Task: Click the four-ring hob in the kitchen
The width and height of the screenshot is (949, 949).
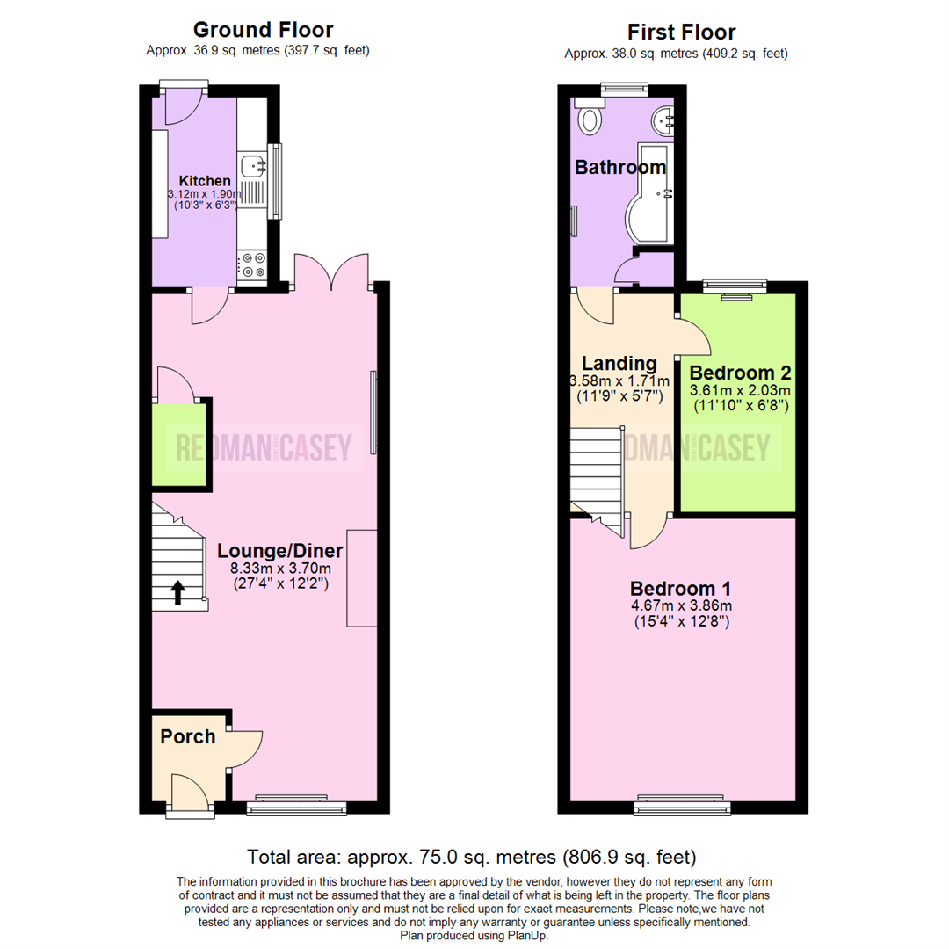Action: [254, 264]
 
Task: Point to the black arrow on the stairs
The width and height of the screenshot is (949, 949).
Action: [177, 593]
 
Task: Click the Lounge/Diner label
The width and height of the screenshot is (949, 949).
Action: [279, 551]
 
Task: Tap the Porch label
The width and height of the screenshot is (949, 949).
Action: [187, 736]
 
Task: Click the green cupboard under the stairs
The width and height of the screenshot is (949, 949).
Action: [179, 446]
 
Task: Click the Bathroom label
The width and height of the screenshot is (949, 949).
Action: [619, 167]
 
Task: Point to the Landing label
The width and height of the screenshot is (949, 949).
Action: [619, 363]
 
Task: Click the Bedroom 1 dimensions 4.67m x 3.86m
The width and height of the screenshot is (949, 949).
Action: [681, 605]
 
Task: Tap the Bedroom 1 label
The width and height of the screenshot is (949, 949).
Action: [681, 588]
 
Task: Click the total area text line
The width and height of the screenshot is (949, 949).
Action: [472, 856]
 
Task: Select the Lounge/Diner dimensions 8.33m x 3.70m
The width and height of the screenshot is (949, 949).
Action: [279, 568]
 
